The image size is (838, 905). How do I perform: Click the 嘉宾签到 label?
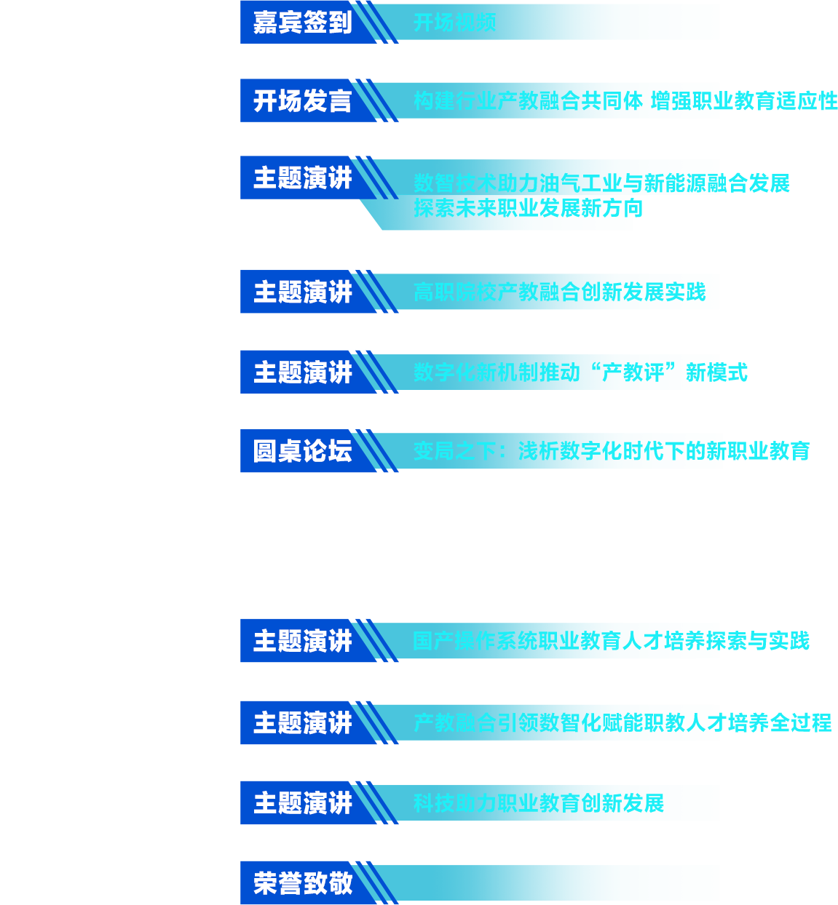(302, 23)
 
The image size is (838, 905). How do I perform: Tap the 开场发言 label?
(302, 101)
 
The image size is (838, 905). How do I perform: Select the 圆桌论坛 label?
(302, 451)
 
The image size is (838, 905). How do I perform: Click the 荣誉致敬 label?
(302, 883)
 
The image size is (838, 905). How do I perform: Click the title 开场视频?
(454, 23)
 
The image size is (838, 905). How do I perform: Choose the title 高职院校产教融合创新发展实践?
(559, 292)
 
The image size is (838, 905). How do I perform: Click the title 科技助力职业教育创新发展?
(539, 803)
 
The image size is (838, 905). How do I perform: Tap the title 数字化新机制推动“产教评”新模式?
(580, 372)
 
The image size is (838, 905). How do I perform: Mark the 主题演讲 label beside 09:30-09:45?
(302, 292)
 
